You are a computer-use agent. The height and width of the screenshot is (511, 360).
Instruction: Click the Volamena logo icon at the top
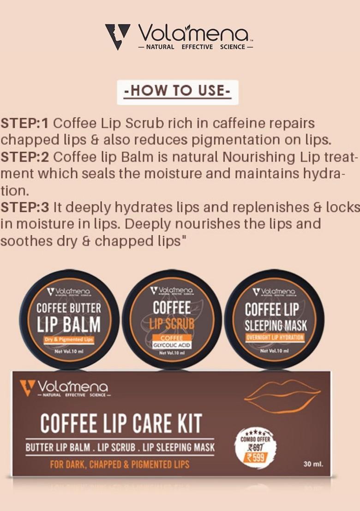(117, 36)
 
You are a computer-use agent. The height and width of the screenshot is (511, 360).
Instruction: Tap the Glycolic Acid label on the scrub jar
(172, 345)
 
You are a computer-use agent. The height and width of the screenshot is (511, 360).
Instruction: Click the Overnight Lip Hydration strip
(275, 337)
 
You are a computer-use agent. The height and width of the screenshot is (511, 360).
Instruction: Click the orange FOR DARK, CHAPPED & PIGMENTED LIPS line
(120, 464)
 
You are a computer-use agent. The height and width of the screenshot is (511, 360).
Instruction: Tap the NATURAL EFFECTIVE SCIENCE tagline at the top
(196, 47)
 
